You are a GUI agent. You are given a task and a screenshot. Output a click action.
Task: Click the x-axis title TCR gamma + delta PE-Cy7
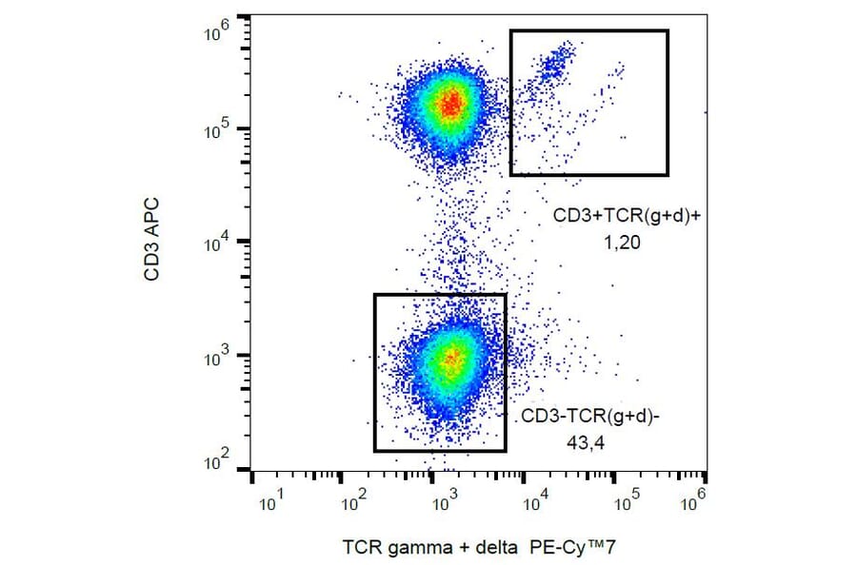click(486, 548)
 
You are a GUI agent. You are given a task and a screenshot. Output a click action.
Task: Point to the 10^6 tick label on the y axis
click(218, 34)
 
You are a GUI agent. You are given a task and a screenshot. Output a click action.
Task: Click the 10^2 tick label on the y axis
click(218, 463)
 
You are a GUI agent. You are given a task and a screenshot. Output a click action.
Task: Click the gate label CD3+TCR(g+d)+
click(627, 217)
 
